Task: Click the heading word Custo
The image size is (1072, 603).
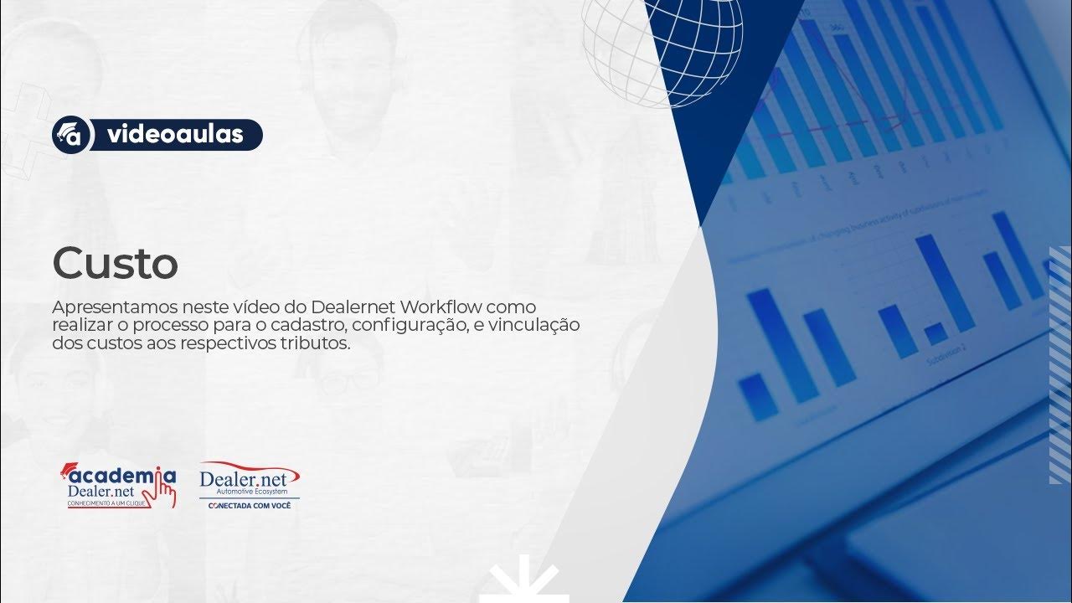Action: [115, 265]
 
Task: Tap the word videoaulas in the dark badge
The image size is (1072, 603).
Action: [175, 134]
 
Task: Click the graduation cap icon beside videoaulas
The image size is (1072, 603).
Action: [71, 135]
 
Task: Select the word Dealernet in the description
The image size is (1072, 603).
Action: [354, 306]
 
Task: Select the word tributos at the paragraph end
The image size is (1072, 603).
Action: [316, 343]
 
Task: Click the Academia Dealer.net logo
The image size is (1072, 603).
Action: [117, 486]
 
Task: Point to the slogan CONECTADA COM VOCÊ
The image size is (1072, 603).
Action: [250, 506]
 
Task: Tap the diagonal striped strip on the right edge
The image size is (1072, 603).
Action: [1059, 364]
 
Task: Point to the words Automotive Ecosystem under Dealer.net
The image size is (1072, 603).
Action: [250, 492]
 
